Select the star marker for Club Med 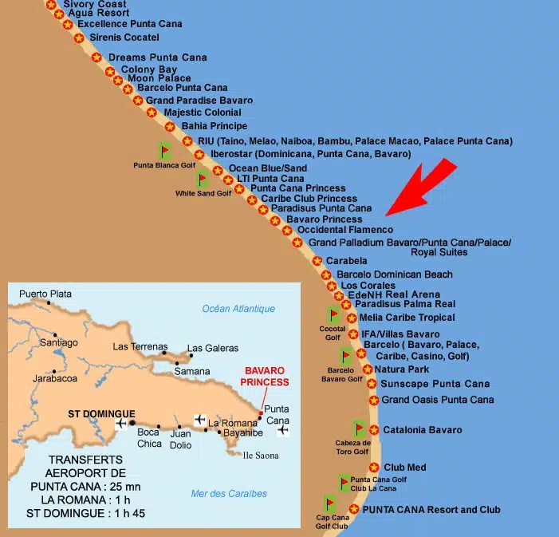point(374,467)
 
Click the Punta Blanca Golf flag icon point(165,150)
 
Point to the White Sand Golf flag point(203,178)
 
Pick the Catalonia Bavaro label point(422,430)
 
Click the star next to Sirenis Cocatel point(79,38)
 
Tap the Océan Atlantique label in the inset point(238,309)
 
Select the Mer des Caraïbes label point(229,493)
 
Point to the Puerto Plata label point(45,294)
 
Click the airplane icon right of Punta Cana point(283,430)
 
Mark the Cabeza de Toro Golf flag point(360,428)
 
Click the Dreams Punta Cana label point(157,57)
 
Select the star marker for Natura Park point(368,369)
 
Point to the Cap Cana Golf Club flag point(330,503)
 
